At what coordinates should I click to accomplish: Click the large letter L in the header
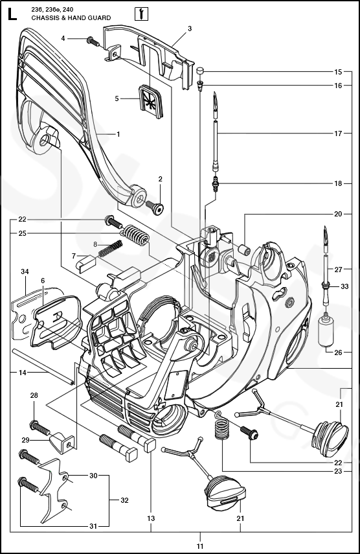coord(12,14)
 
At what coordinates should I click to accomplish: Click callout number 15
coord(338,72)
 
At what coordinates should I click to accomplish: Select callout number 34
coord(25,271)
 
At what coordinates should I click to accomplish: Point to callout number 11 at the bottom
coord(200,546)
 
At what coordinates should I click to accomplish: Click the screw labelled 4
coord(93,41)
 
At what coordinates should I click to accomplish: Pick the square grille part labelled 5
coord(151,98)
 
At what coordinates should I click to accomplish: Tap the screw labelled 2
coord(155,205)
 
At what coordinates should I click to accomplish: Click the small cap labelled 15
coord(201,71)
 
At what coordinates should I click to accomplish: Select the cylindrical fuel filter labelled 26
coord(325,331)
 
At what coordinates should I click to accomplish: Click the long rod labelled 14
coord(43,366)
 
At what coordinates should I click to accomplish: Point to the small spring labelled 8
coord(111,248)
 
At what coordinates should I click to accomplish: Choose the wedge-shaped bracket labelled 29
coord(63,442)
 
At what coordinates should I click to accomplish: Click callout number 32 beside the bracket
coord(124,500)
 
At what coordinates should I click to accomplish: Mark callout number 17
coord(338,133)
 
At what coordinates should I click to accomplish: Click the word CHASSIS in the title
coord(43,17)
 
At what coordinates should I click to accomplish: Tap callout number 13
coord(151,518)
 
